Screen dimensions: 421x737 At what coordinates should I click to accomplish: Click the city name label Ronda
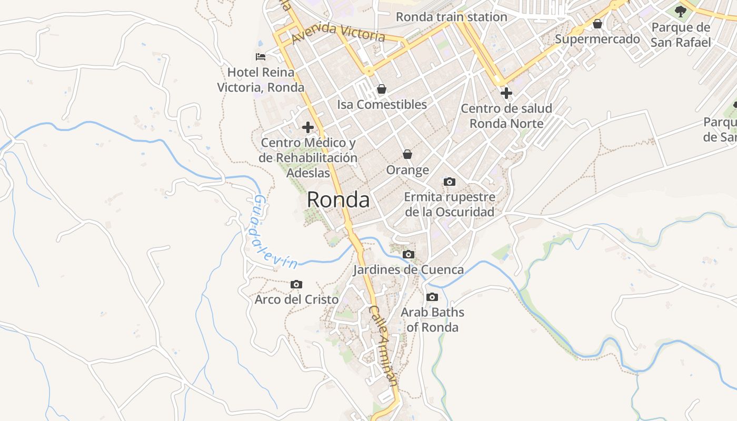pyautogui.click(x=338, y=200)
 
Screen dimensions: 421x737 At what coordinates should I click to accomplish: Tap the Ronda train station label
pyautogui.click(x=451, y=17)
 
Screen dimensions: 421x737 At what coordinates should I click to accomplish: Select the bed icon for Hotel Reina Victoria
pyautogui.click(x=260, y=56)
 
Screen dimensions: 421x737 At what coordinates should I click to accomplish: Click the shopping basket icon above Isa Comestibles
pyautogui.click(x=382, y=89)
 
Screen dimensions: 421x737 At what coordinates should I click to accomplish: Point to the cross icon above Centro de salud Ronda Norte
pyautogui.click(x=506, y=93)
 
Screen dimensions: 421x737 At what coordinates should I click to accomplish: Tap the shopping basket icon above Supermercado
pyautogui.click(x=597, y=24)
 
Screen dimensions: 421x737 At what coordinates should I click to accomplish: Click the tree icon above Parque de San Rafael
pyautogui.click(x=680, y=11)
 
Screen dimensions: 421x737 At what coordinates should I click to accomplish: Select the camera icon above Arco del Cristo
pyautogui.click(x=296, y=284)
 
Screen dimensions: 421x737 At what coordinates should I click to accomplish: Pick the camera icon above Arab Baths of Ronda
pyautogui.click(x=432, y=297)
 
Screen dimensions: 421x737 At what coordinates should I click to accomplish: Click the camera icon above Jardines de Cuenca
pyautogui.click(x=408, y=255)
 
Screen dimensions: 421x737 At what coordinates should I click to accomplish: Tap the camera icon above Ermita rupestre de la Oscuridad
pyautogui.click(x=450, y=182)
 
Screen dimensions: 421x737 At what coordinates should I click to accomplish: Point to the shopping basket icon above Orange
pyautogui.click(x=407, y=154)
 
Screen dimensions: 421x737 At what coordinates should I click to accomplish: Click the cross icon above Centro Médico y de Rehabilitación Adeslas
pyautogui.click(x=308, y=127)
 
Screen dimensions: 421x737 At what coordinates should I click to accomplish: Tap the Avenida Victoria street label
pyautogui.click(x=338, y=32)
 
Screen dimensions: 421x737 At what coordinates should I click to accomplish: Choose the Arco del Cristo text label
pyautogui.click(x=296, y=299)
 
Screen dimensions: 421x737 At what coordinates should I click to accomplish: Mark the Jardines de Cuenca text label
pyautogui.click(x=408, y=270)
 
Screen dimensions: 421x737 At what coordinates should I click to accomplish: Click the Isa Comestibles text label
pyautogui.click(x=382, y=104)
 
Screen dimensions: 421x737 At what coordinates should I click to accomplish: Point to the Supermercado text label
pyautogui.click(x=597, y=39)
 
